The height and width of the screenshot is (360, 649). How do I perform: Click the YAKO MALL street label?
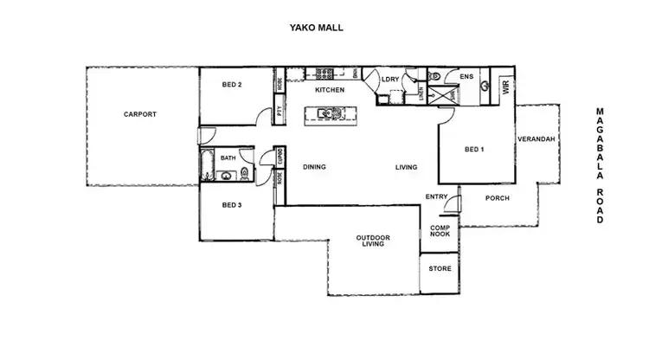pyautogui.click(x=316, y=28)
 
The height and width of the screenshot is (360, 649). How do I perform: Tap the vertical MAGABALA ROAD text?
pyautogui.click(x=599, y=166)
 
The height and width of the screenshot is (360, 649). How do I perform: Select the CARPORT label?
pyautogui.click(x=140, y=114)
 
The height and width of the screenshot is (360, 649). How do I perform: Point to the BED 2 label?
pyautogui.click(x=232, y=85)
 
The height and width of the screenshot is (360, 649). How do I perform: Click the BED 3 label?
pyautogui.click(x=231, y=205)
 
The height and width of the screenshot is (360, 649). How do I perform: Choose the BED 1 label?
pyautogui.click(x=473, y=150)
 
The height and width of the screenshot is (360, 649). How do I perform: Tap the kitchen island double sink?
pyautogui.click(x=330, y=112)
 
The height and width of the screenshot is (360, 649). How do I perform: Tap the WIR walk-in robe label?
pyautogui.click(x=505, y=86)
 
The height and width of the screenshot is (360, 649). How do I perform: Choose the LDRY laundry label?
pyautogui.click(x=390, y=80)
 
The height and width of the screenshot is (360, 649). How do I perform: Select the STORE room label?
pyautogui.click(x=440, y=268)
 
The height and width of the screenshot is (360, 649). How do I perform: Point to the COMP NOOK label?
pyautogui.click(x=440, y=232)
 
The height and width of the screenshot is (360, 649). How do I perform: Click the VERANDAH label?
pyautogui.click(x=536, y=140)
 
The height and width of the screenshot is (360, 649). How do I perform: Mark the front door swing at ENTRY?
pyautogui.click(x=459, y=204)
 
